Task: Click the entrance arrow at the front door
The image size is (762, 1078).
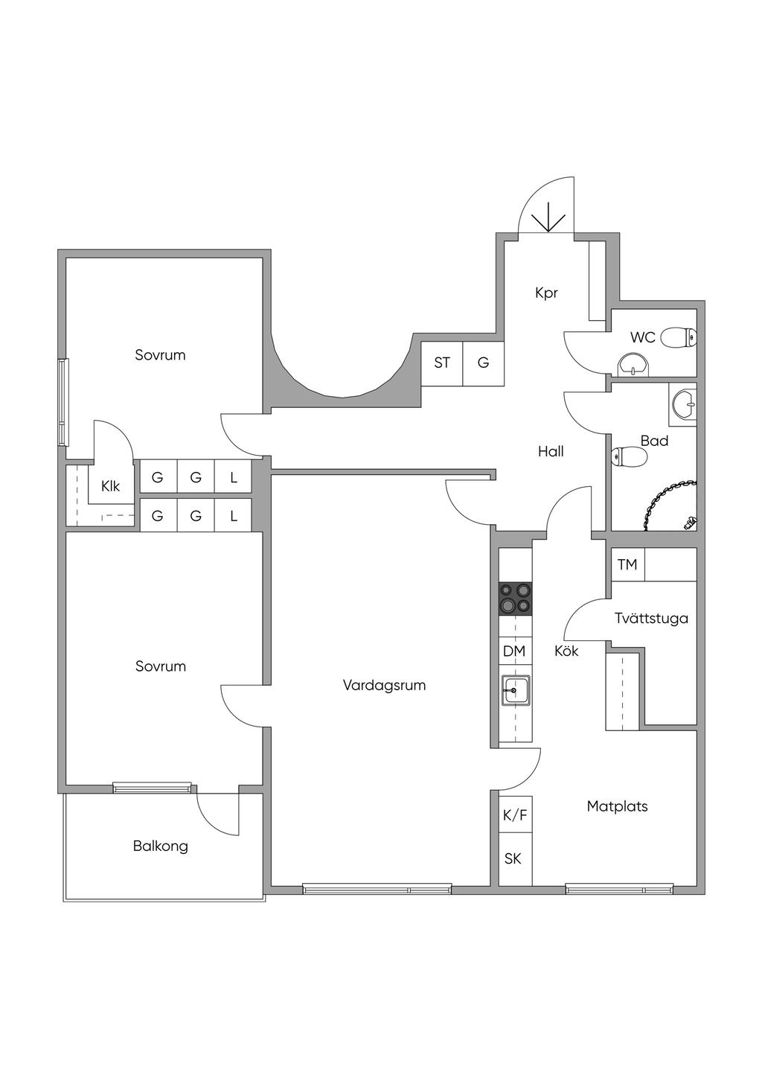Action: click(547, 216)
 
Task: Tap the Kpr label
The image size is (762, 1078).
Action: click(546, 293)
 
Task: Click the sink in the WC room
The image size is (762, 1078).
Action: click(633, 365)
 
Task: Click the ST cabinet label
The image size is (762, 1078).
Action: click(442, 363)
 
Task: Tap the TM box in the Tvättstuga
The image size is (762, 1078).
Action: click(627, 565)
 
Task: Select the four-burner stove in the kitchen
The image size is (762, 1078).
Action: click(516, 599)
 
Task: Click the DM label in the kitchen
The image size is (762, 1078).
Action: click(514, 651)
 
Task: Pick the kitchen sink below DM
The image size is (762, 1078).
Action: click(515, 690)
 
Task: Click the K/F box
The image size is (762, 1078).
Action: click(515, 815)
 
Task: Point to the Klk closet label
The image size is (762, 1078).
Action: click(110, 487)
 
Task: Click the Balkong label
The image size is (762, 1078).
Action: click(161, 846)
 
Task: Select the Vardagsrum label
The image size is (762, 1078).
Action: click(384, 685)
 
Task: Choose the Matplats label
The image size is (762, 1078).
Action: click(617, 806)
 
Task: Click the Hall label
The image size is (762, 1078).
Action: click(551, 451)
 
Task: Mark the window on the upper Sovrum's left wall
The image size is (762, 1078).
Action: click(63, 403)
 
